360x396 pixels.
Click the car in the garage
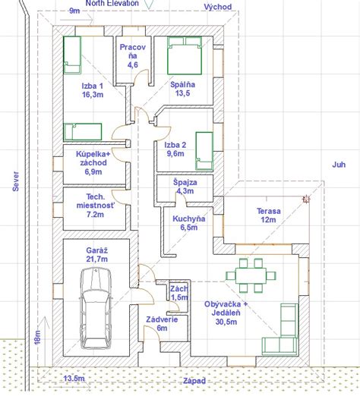click(x=96, y=309)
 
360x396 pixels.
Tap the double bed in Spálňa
click(x=185, y=55)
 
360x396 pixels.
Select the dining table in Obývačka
click(x=251, y=275)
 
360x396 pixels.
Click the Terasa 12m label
click(x=268, y=215)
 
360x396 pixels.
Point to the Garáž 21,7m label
click(x=97, y=255)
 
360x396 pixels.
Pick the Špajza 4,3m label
click(x=185, y=187)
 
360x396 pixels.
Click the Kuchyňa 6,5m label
click(x=189, y=223)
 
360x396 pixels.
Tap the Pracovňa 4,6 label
click(x=133, y=56)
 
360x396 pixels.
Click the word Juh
click(x=339, y=165)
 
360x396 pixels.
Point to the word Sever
click(x=16, y=181)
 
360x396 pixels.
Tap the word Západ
click(x=194, y=381)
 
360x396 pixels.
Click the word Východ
click(x=218, y=7)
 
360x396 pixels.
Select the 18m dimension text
click(x=37, y=337)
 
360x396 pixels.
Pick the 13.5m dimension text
click(x=74, y=379)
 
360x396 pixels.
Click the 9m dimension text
click(x=74, y=11)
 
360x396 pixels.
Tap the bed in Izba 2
click(x=204, y=151)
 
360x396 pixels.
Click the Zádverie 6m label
click(x=162, y=324)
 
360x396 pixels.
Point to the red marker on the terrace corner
click(x=306, y=200)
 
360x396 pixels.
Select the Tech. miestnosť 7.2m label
click(x=95, y=206)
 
